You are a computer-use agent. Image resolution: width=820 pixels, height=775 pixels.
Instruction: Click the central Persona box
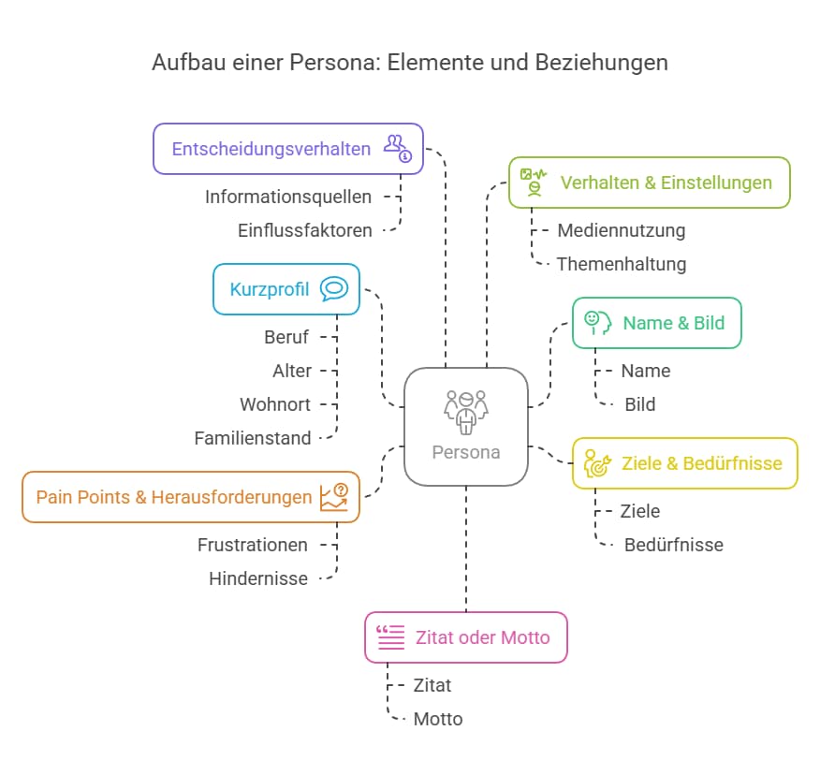(x=465, y=426)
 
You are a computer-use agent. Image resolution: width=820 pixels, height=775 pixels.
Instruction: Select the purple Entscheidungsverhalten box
(x=288, y=149)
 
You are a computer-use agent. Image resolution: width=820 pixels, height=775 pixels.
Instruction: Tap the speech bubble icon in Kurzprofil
(x=334, y=288)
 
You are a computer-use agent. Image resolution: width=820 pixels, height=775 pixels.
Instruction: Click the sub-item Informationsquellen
(x=288, y=197)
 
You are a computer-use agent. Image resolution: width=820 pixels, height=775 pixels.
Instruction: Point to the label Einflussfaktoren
(x=304, y=230)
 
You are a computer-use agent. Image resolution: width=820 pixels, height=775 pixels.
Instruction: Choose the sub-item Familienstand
(x=253, y=438)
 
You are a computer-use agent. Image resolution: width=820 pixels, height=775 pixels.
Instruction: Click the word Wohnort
(x=275, y=404)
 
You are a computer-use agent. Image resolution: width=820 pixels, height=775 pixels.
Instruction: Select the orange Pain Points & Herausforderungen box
(x=190, y=497)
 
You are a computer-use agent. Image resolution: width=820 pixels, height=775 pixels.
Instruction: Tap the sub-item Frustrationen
(x=253, y=545)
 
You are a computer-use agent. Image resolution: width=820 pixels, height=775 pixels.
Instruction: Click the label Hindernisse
(x=258, y=578)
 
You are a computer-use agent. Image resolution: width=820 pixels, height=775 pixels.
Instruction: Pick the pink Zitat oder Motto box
(x=465, y=637)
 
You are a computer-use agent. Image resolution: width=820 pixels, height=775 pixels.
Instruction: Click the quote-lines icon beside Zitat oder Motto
(x=390, y=637)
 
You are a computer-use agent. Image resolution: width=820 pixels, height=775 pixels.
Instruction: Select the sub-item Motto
(x=438, y=719)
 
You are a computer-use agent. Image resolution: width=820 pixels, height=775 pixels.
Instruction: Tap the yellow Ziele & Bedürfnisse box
(x=684, y=463)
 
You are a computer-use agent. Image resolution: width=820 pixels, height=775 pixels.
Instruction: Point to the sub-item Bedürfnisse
(x=673, y=545)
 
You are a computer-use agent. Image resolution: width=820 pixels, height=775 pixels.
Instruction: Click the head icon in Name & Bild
(x=597, y=322)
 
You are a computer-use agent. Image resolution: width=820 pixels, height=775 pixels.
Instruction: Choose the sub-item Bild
(x=640, y=404)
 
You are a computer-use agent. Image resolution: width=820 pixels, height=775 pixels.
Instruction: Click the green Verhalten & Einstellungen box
(x=649, y=183)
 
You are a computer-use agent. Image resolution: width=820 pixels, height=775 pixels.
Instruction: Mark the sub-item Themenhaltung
(x=621, y=264)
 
